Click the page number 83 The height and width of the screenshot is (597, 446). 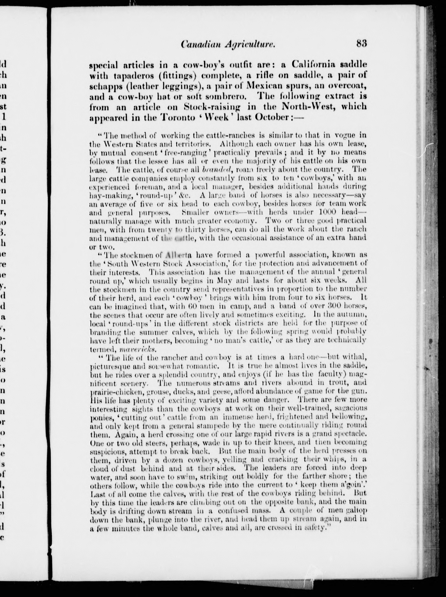[x=361, y=44]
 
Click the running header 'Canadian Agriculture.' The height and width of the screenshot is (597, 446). [x=228, y=44]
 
